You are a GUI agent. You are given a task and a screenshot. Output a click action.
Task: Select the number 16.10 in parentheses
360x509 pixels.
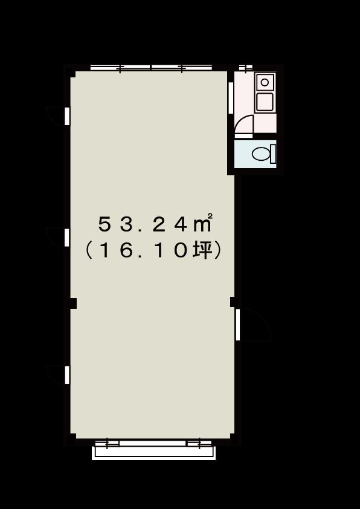142,251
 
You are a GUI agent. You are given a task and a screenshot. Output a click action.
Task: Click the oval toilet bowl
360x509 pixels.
261,154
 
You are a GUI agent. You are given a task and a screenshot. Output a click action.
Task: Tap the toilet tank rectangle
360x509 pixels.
273,154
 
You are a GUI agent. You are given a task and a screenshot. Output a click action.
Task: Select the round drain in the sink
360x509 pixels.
265,82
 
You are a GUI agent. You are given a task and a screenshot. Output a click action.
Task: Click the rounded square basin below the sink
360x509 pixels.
265,102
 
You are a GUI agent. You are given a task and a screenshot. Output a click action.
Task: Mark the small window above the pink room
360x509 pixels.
245,68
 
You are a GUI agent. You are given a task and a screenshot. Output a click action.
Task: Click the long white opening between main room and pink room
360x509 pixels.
231,98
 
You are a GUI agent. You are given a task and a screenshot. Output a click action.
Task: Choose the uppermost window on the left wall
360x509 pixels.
67,116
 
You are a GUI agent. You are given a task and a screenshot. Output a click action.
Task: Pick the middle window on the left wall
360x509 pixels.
67,238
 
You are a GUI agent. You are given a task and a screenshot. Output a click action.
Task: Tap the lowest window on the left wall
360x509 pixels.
67,375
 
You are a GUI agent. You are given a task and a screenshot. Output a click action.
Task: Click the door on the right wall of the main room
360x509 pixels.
238,325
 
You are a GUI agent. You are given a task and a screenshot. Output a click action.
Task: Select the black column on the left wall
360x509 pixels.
73,303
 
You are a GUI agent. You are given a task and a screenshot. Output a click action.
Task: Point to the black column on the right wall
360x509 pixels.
234,302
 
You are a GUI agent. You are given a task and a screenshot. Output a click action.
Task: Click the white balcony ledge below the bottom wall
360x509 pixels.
154,453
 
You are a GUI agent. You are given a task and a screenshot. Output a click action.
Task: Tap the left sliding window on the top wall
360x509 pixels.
120,68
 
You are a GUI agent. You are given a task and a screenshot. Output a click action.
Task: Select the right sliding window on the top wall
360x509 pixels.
182,68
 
